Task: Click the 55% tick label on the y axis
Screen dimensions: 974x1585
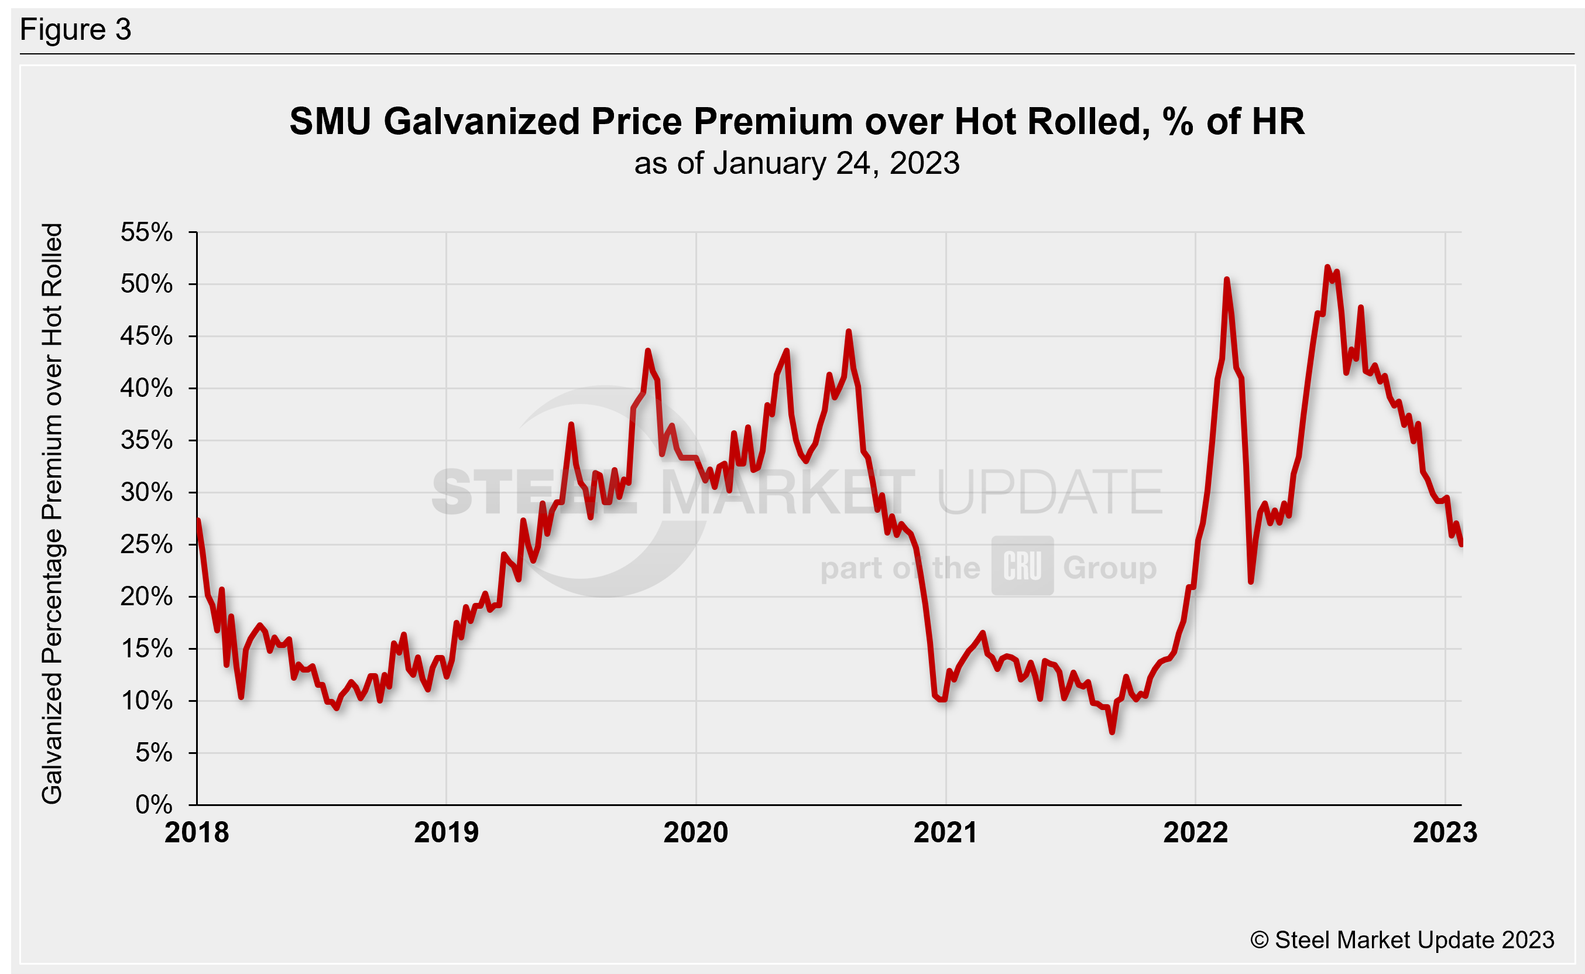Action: point(146,232)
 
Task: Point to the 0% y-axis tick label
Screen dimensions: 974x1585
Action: point(153,805)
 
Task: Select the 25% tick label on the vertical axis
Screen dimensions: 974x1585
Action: point(146,544)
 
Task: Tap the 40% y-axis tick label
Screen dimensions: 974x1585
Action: point(146,388)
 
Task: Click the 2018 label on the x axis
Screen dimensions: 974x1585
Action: point(197,832)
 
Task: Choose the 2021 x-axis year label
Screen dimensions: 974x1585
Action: point(945,832)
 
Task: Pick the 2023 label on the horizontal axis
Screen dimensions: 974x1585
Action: point(1445,832)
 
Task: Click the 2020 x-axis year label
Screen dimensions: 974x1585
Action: point(695,832)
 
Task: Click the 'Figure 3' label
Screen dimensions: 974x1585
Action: point(76,30)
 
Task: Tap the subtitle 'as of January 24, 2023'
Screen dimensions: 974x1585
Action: point(797,163)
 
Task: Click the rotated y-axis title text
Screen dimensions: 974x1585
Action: point(52,513)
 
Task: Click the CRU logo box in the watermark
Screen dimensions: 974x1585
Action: point(1022,565)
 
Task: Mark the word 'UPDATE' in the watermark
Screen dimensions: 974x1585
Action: point(1050,493)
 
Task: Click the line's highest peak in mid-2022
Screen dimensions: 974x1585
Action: point(1327,267)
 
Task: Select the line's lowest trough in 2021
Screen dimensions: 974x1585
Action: point(1112,732)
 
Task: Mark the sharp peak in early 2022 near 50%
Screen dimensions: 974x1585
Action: point(1227,280)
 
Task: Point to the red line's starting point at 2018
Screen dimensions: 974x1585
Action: point(198,520)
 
